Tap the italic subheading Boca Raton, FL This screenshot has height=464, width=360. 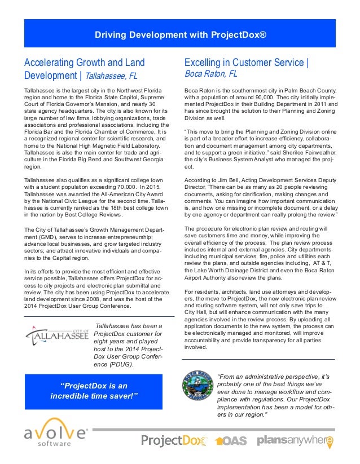click(212, 74)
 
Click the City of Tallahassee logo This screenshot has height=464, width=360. click(57, 337)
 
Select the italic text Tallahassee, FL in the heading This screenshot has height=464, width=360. click(112, 76)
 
